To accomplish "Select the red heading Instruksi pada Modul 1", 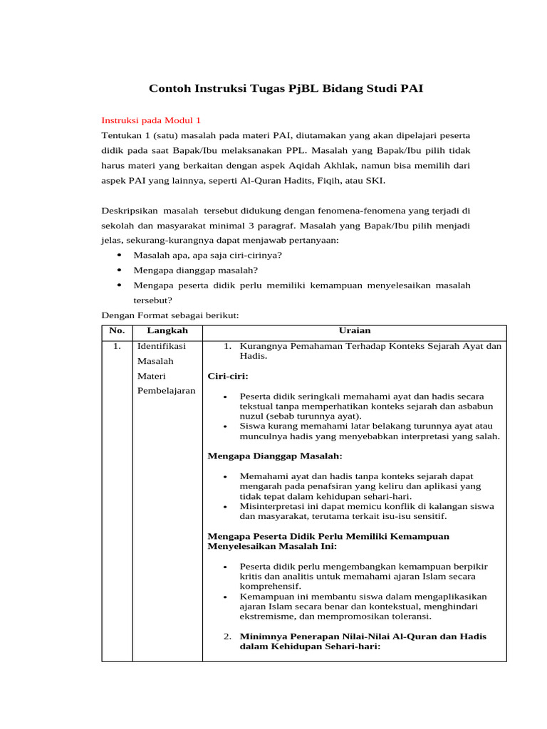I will pyautogui.click(x=152, y=120).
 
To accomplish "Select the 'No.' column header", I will pyautogui.click(x=117, y=330).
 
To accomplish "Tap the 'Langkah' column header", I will pyautogui.click(x=167, y=330).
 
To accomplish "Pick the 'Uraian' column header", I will pyautogui.click(x=354, y=330).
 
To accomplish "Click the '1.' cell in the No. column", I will pyautogui.click(x=117, y=347).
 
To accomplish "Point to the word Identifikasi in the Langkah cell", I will pyautogui.click(x=161, y=347).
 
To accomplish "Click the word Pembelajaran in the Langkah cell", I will pyautogui.click(x=166, y=391).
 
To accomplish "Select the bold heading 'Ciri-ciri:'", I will pyautogui.click(x=227, y=375).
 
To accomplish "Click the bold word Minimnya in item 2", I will pyautogui.click(x=262, y=636).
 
